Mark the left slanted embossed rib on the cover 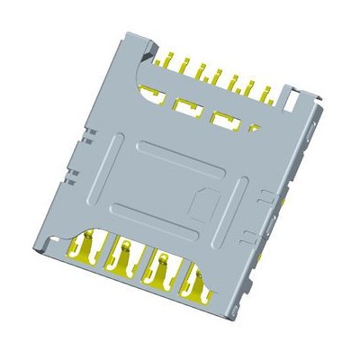coord(103,166)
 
